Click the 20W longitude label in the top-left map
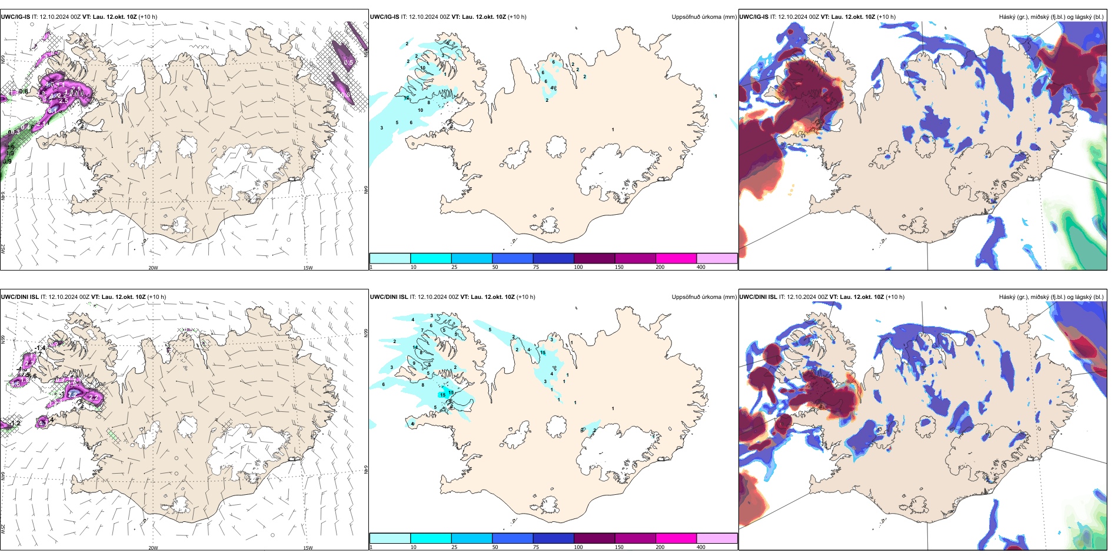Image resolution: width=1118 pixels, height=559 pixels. coord(153,268)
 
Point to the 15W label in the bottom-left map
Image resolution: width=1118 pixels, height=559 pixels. coord(308,548)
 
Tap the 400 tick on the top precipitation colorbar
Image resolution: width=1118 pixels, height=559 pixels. coord(701,267)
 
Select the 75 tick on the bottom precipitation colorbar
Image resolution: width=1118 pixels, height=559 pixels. coord(536,547)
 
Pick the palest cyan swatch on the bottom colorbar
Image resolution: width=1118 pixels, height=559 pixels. coord(390,538)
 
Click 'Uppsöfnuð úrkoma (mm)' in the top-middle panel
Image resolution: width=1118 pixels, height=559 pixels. coord(704,17)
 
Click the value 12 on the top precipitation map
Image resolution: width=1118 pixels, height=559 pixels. coord(407,98)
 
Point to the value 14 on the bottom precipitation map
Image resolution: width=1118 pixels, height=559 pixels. coord(415,348)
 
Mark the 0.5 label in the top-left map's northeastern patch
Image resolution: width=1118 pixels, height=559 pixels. coord(348,62)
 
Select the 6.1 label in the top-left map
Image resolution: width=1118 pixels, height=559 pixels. coord(52,110)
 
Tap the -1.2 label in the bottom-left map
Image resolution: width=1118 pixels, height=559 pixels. coord(15,423)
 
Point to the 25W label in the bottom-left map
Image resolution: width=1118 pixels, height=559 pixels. coord(3,529)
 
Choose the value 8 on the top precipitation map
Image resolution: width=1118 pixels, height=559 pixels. coord(429,103)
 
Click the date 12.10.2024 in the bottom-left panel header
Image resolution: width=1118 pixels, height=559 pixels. coord(63,297)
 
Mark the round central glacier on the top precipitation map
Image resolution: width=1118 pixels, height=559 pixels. coord(556,146)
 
